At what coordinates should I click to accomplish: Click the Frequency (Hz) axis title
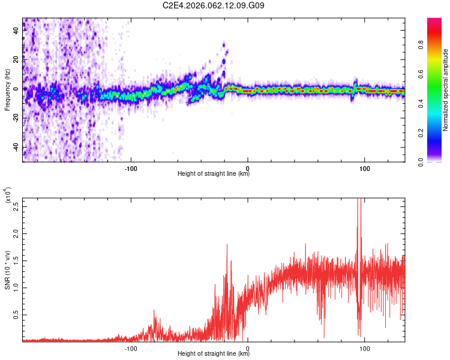(x=8, y=89)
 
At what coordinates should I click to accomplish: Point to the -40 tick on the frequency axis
(x=16, y=148)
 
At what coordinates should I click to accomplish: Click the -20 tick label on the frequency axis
(x=16, y=118)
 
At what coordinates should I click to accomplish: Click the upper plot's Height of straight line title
(x=214, y=174)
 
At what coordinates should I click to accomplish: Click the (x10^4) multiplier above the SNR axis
(x=8, y=196)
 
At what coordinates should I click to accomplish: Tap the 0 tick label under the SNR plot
(x=248, y=348)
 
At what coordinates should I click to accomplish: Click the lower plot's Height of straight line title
(x=214, y=354)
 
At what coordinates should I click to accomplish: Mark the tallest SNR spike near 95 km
(x=359, y=201)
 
